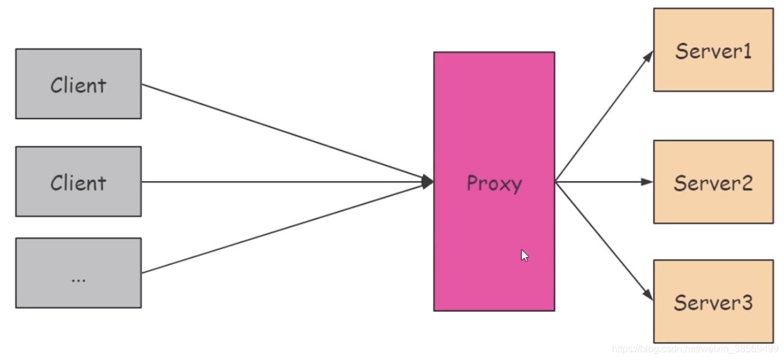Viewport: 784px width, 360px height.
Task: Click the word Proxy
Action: (494, 183)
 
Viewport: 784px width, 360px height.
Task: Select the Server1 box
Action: (713, 50)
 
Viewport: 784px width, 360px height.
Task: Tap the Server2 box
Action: (713, 182)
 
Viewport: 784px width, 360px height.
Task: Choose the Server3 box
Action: (713, 301)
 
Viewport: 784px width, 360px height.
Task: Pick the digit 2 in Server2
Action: (746, 182)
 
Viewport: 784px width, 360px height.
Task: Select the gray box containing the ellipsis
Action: (78, 272)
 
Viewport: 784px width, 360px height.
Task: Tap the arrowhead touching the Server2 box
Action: (647, 182)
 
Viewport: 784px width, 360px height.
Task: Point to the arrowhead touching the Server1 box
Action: (649, 56)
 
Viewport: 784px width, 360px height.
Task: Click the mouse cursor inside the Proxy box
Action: (524, 255)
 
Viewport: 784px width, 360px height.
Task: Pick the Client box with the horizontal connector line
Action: (78, 181)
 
